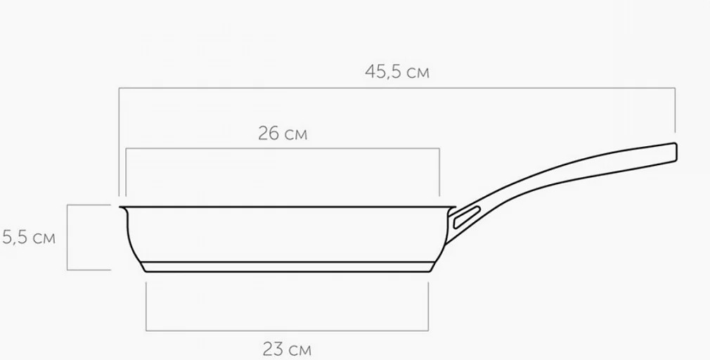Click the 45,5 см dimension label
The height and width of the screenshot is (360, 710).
(x=397, y=72)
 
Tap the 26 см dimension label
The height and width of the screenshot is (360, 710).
(x=283, y=134)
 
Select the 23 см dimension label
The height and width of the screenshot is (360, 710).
(x=287, y=349)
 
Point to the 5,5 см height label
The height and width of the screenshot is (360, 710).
(x=29, y=237)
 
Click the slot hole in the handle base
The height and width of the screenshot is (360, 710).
(x=467, y=217)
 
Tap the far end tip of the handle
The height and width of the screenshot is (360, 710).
(x=676, y=152)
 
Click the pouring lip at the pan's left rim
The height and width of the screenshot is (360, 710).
(x=123, y=208)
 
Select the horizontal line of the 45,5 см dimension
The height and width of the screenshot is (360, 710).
(x=397, y=88)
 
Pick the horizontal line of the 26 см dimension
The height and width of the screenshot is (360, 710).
(x=283, y=148)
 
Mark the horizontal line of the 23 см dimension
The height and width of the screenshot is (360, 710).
(x=287, y=330)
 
